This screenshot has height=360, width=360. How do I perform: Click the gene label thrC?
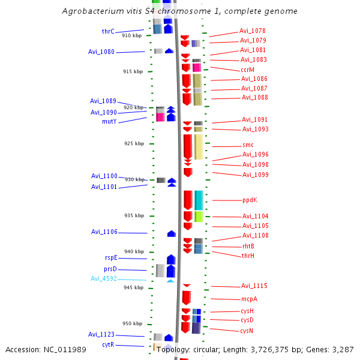[x=108, y=31]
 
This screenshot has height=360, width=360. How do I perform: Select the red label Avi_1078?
[x=253, y=31]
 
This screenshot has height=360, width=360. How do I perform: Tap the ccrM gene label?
[x=248, y=70]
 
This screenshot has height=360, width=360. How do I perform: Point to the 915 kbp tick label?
[x=133, y=71]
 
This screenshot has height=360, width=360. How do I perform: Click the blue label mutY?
[x=109, y=121]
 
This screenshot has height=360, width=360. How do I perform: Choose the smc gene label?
[x=248, y=145]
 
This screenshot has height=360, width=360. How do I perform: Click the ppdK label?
[x=250, y=200]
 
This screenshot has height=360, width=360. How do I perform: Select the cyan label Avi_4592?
[x=104, y=278]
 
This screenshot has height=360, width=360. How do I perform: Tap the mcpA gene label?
[x=249, y=299]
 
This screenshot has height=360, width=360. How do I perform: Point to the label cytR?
[x=108, y=344]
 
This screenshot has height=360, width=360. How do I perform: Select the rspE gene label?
[x=111, y=257]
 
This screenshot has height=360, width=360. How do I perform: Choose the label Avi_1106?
[x=104, y=232]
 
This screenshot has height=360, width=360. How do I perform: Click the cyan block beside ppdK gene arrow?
[x=199, y=200]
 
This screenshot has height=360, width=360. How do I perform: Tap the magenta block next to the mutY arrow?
[x=160, y=117]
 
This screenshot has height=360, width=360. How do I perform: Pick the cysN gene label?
[x=247, y=331]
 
